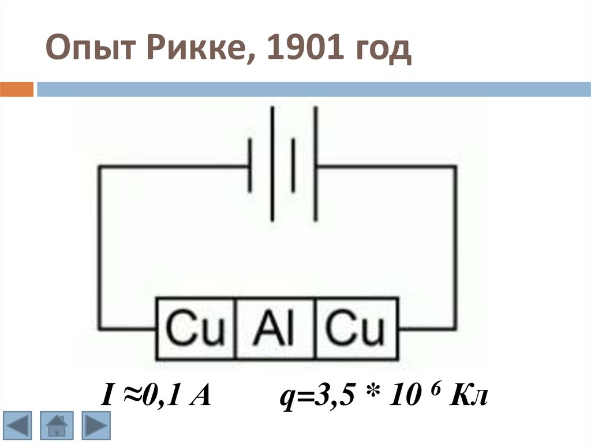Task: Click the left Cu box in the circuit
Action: (196, 328)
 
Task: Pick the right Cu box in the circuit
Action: (356, 328)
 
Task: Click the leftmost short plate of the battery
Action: (250, 166)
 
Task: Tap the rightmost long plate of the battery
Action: (316, 165)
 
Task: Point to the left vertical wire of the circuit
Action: (99, 248)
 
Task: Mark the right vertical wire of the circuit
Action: (455, 248)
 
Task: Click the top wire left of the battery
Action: (173, 167)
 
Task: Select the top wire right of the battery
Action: (387, 167)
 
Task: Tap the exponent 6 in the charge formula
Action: (429, 390)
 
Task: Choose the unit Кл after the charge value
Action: (468, 397)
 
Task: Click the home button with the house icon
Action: (56, 426)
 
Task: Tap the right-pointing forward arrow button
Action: (92, 426)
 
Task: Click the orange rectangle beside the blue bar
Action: (16, 90)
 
